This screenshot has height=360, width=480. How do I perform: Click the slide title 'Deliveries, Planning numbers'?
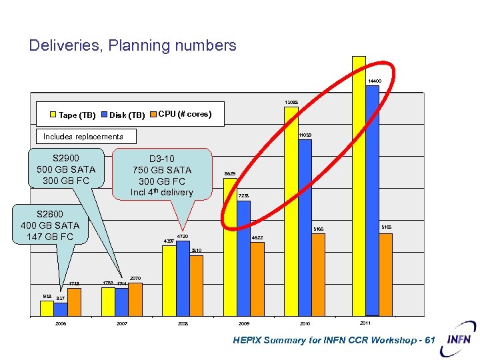(133, 45)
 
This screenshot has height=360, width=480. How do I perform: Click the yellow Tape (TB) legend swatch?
(53, 115)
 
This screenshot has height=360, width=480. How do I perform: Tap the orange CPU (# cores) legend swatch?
(152, 114)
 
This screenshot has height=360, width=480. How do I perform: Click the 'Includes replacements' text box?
(83, 137)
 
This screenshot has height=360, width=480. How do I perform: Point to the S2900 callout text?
(66, 169)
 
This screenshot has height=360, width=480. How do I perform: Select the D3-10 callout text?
(162, 175)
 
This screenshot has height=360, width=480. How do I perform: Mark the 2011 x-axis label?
(365, 323)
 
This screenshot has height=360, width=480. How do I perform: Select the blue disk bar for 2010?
(305, 227)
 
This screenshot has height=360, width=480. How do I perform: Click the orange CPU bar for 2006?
(74, 301)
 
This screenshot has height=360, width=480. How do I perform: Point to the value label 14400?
(375, 81)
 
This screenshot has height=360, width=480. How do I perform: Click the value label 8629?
(230, 173)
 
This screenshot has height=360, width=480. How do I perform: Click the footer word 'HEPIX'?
(248, 341)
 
